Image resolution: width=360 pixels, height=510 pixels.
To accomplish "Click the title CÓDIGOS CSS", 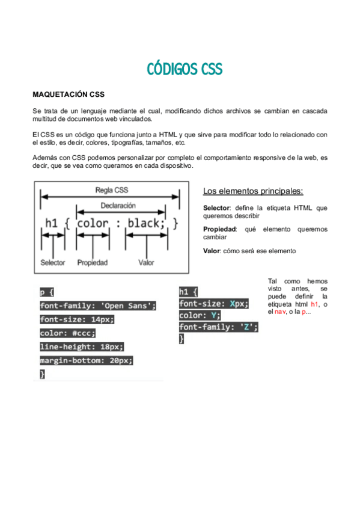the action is point(185,69).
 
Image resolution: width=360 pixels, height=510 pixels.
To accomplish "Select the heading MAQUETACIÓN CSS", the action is point(69,95).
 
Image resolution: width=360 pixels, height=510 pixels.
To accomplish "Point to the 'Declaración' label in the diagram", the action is point(118,206).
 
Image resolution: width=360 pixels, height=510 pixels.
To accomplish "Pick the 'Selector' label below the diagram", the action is point(53,263).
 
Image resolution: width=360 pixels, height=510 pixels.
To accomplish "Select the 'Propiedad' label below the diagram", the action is point(93,263).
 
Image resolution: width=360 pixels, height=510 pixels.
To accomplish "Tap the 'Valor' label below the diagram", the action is point(146,263).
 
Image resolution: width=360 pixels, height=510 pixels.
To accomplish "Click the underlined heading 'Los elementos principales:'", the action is point(253,191).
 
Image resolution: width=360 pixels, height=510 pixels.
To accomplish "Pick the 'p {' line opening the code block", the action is point(47,293).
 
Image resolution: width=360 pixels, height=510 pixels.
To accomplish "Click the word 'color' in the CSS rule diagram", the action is point(93,224).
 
